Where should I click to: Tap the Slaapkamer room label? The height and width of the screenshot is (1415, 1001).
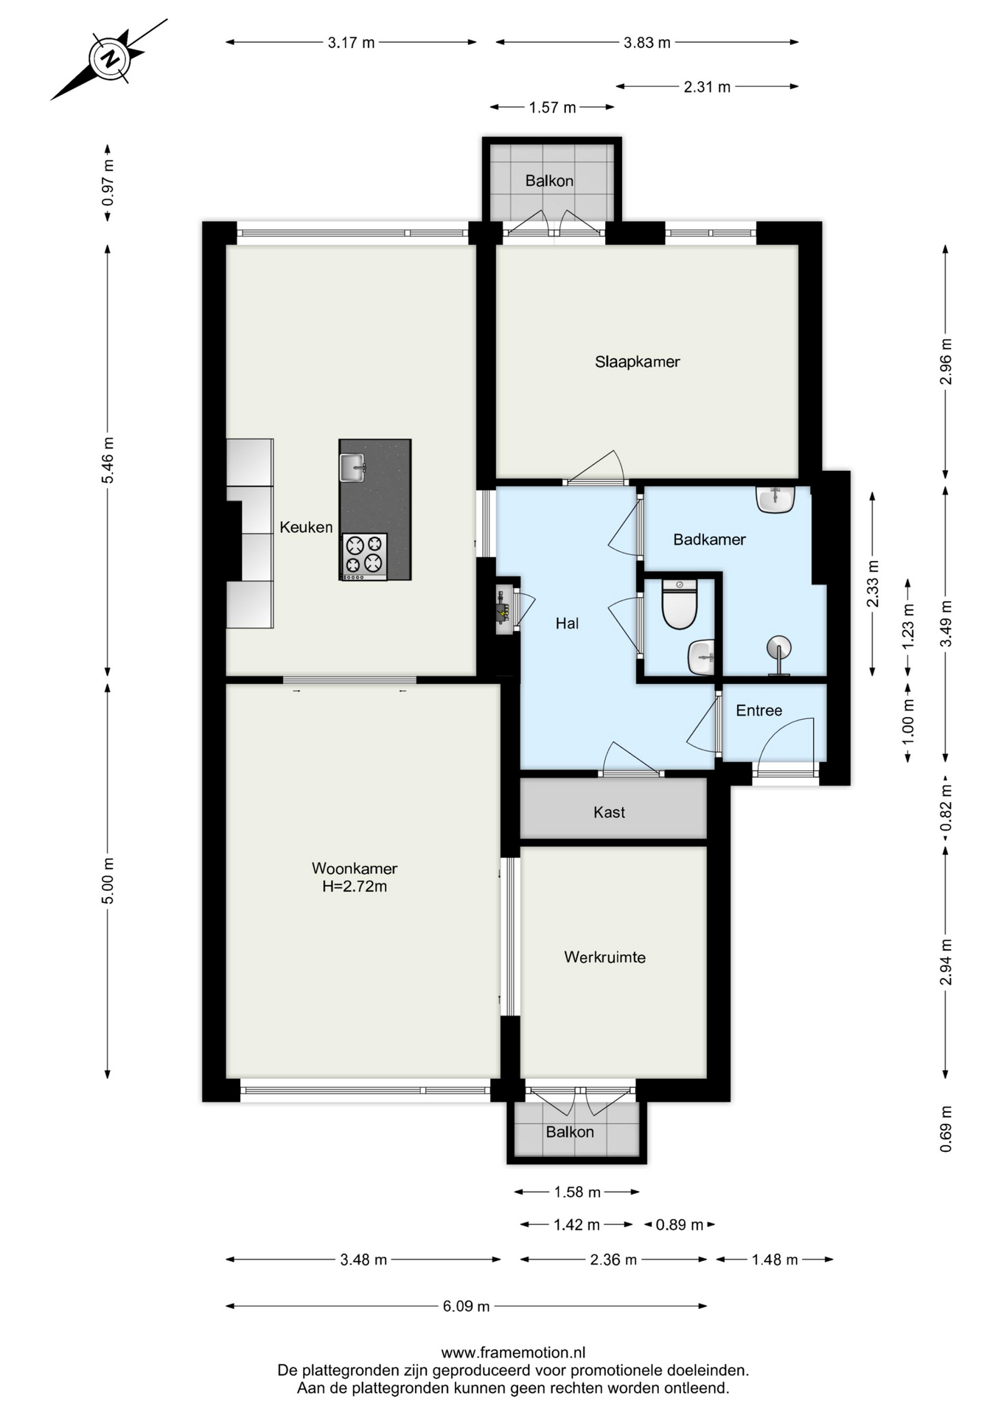[638, 362]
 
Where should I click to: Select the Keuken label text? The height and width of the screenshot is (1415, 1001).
[306, 527]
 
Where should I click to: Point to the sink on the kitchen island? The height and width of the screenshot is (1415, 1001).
[352, 467]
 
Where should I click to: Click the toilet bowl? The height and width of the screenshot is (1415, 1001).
[680, 604]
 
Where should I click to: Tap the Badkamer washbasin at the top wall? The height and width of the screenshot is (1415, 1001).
[775, 499]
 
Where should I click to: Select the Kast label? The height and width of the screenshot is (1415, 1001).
[609, 812]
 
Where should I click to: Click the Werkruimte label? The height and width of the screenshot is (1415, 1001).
[605, 957]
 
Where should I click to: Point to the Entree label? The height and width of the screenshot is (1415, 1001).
[759, 710]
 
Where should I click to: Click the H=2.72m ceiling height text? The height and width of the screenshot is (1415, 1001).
[355, 887]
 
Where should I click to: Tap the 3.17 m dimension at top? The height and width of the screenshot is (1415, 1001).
[351, 43]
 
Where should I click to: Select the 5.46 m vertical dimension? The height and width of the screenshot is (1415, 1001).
[108, 461]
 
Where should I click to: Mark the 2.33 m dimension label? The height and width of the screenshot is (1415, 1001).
[873, 584]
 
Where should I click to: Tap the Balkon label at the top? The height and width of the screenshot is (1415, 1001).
[549, 181]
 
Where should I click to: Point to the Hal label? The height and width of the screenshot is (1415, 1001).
[567, 623]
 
